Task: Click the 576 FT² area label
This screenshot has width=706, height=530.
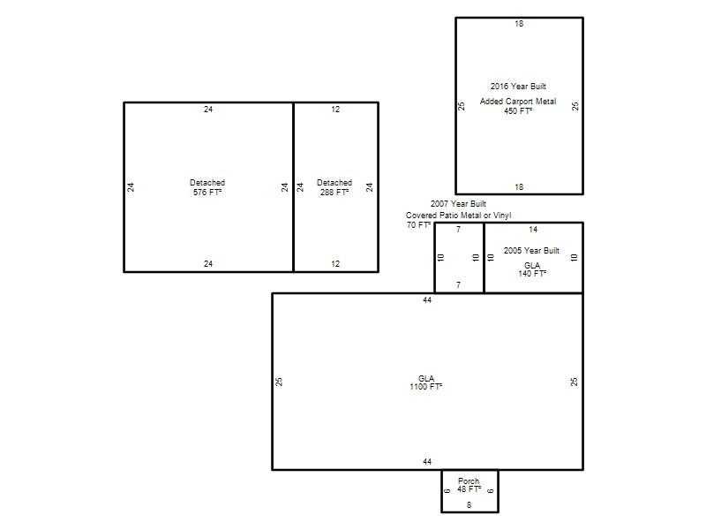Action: click(207, 193)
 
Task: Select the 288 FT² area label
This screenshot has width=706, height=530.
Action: click(334, 193)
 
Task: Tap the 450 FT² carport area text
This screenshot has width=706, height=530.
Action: click(518, 111)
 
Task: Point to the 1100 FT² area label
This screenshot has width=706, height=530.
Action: click(426, 387)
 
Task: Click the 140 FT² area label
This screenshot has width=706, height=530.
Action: click(532, 273)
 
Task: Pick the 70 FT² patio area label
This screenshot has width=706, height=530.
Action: click(418, 225)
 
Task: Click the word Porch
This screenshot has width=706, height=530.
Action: click(469, 481)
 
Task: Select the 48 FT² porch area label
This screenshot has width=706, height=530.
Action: click(469, 489)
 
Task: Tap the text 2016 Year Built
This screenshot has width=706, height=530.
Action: click(518, 86)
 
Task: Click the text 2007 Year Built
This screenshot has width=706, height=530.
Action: click(458, 204)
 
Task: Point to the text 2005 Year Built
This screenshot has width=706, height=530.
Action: click(532, 251)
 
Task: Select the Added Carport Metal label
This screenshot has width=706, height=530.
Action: click(518, 102)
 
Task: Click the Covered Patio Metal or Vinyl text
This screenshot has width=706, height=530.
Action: click(458, 216)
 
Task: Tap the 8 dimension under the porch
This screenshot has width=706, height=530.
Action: click(469, 505)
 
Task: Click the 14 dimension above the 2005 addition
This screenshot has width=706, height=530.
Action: click(533, 230)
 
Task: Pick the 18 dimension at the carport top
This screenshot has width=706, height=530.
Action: click(519, 24)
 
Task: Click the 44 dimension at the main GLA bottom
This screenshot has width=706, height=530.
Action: click(427, 461)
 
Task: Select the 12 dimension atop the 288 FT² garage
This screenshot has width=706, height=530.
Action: click(335, 109)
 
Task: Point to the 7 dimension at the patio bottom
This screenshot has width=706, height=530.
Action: click(458, 284)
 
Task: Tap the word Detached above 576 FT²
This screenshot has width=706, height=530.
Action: click(207, 183)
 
